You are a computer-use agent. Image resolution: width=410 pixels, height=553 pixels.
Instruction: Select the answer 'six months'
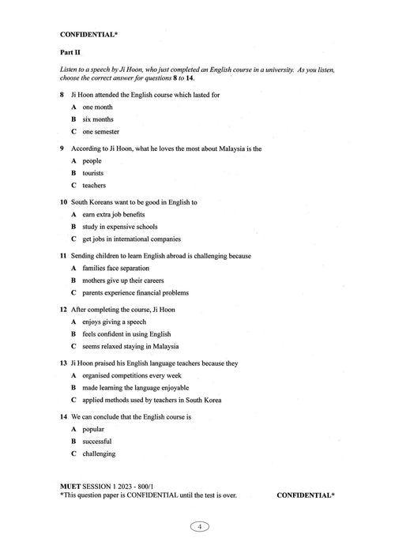click(97, 118)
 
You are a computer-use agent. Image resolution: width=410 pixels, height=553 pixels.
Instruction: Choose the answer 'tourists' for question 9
click(92, 172)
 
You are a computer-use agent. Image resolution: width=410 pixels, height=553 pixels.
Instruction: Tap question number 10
click(63, 202)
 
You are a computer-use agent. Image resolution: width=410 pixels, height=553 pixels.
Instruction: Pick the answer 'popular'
click(93, 429)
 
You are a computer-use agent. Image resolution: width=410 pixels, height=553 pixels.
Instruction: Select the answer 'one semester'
click(100, 131)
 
